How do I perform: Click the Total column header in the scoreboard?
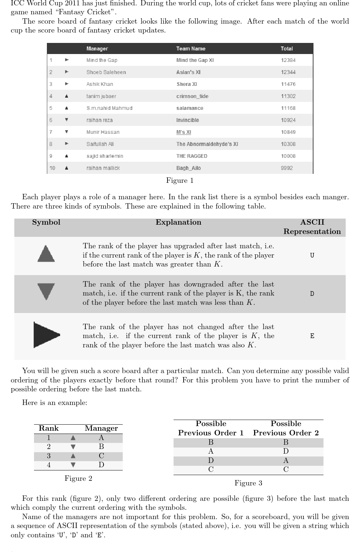(287, 49)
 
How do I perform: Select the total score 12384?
(288, 60)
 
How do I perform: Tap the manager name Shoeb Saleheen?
(106, 72)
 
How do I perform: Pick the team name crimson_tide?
(192, 96)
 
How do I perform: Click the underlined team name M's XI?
(184, 132)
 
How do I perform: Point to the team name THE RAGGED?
(191, 156)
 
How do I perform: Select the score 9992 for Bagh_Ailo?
(287, 168)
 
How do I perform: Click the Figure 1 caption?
(180, 180)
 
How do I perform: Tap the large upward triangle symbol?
(46, 254)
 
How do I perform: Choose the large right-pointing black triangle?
(46, 335)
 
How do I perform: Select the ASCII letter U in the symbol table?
(312, 255)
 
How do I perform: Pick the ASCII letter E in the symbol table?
(312, 336)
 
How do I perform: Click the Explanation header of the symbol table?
(178, 222)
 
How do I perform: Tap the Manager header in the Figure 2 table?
(101, 428)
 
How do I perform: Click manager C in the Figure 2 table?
(101, 456)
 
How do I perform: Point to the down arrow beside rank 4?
(73, 465)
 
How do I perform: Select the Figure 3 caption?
(248, 483)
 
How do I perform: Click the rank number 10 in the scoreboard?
(52, 168)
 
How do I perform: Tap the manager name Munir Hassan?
(103, 132)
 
